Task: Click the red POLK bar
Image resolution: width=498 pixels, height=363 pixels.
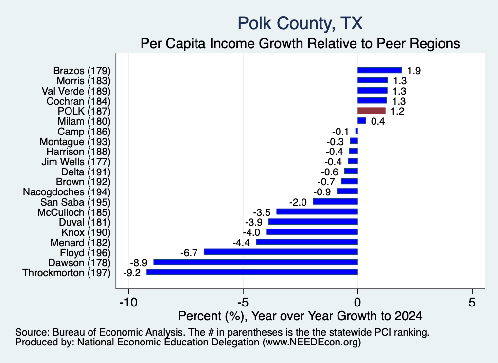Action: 371,111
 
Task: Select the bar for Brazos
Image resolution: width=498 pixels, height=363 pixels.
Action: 379,70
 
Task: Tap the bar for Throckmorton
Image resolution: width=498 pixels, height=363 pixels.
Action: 252,272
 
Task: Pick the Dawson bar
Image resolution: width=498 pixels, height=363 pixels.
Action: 256,262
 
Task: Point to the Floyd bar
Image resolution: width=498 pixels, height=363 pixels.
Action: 281,252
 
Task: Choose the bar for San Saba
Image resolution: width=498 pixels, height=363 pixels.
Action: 336,201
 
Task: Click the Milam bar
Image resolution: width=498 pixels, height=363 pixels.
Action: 362,121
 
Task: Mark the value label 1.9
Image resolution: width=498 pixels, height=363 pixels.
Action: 414,71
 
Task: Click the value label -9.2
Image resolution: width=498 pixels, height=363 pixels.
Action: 132,273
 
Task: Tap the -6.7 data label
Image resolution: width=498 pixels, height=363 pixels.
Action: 189,253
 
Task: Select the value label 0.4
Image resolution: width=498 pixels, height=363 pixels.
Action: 378,121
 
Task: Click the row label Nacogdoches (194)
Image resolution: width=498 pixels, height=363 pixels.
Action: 67,192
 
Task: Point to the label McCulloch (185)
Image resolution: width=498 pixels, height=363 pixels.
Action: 74,212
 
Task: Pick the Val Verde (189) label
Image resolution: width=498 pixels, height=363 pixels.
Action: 76,91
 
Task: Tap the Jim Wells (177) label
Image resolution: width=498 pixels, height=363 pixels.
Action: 76,162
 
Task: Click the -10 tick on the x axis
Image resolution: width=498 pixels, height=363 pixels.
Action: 128,302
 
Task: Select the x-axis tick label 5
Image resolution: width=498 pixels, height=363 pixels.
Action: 472,302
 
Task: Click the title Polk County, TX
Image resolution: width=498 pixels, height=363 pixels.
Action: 300,23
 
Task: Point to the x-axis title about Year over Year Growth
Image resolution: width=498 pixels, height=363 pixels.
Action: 300,316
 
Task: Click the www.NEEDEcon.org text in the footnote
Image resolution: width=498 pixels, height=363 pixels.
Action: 312,343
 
